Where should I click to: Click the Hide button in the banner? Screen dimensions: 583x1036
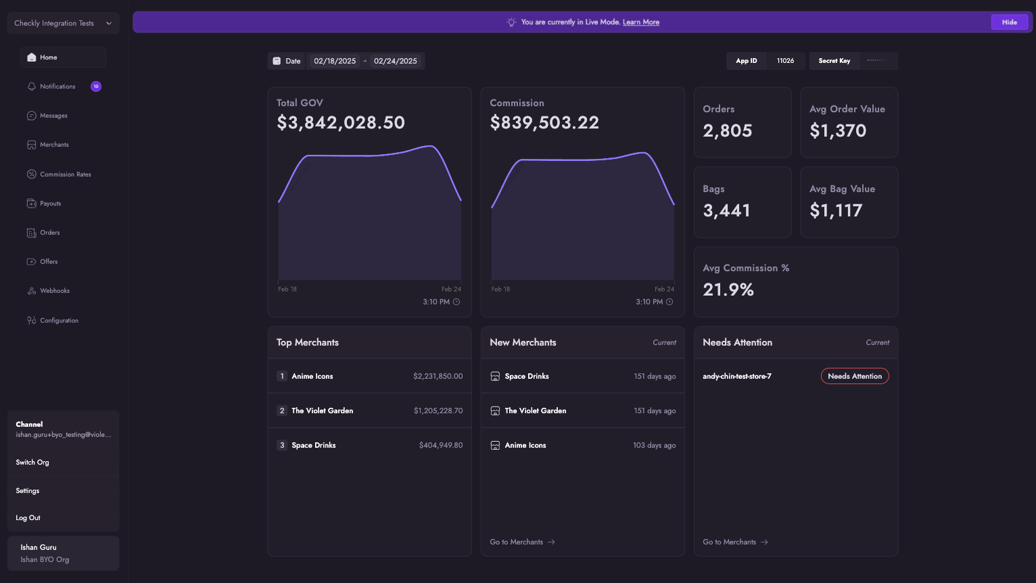1009,22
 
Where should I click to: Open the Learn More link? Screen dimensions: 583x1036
640,22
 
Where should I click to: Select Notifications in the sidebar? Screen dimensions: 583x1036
57,87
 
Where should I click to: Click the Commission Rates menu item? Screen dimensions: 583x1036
65,174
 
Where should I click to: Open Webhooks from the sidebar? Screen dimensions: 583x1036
54,291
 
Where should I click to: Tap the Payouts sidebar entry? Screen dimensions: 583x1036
50,204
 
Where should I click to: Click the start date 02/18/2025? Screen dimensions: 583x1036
335,61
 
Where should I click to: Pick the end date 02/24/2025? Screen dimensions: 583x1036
395,61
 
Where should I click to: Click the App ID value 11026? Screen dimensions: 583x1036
785,61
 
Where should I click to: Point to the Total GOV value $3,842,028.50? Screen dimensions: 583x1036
341,122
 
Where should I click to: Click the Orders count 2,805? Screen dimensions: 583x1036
727,131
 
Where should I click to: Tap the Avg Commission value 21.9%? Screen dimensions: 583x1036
728,289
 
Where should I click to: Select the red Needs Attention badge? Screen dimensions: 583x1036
854,376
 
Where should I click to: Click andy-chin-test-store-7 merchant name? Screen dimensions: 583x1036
736,376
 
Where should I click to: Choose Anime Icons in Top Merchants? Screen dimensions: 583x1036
312,376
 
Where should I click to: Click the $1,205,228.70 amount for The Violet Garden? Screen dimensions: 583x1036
438,411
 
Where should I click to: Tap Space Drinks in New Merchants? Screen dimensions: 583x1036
526,376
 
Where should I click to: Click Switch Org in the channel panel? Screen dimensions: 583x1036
32,463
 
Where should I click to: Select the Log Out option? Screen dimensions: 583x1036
28,518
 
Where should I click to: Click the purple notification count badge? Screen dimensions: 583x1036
96,87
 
